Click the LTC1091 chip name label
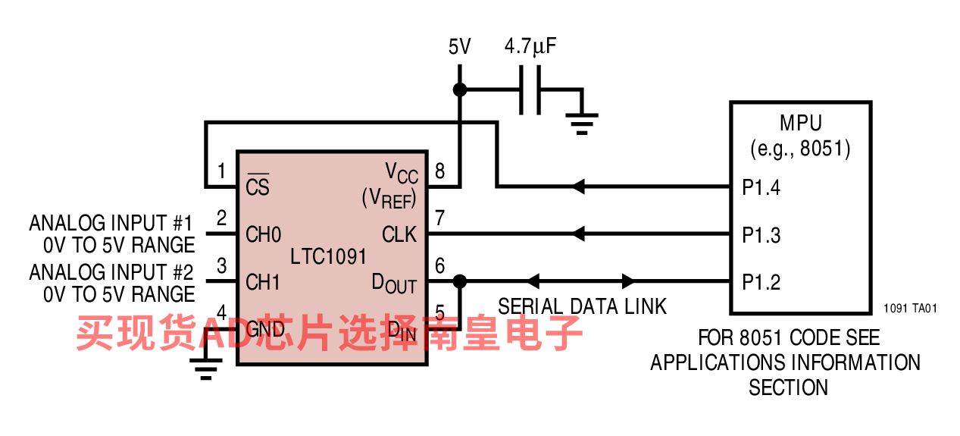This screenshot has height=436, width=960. [x=328, y=256]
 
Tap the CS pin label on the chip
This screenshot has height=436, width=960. [x=258, y=185]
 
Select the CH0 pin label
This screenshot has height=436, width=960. [x=263, y=234]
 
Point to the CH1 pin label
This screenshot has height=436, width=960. [x=262, y=282]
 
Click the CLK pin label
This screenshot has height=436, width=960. [x=399, y=234]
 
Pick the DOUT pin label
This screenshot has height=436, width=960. [x=394, y=284]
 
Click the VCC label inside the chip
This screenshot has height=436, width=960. [x=402, y=173]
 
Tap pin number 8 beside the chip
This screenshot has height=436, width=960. [x=439, y=171]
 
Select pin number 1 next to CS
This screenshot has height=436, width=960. [x=221, y=171]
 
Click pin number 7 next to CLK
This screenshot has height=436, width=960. [x=439, y=218]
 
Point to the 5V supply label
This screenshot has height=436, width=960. [x=459, y=46]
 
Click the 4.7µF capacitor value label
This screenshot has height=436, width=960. [x=530, y=46]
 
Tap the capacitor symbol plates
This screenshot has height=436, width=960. [x=530, y=90]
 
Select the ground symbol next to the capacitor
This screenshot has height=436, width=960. [x=582, y=124]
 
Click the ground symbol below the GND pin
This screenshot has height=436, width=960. [x=206, y=369]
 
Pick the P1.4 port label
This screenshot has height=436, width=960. [x=761, y=187]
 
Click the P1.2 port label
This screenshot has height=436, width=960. [x=761, y=282]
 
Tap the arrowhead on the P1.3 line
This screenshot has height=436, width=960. [x=579, y=234]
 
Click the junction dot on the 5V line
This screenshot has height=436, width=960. [x=460, y=90]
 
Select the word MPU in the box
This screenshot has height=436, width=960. [x=801, y=123]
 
